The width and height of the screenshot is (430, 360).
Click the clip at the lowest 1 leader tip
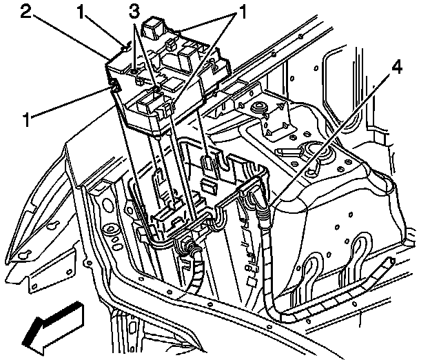(111, 86)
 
